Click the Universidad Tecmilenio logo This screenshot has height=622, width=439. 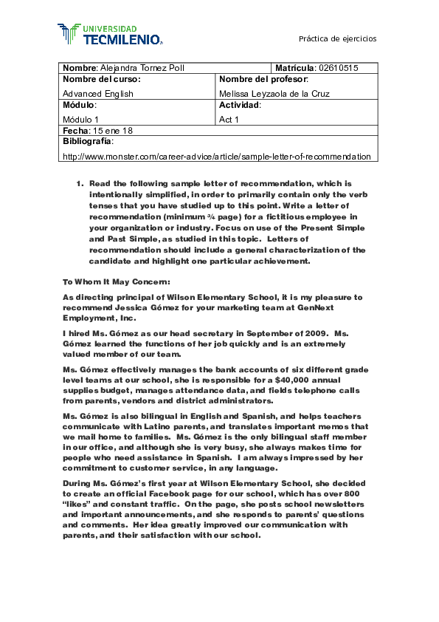110,33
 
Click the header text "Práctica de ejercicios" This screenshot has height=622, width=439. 337,38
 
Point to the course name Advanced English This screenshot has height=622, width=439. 97,94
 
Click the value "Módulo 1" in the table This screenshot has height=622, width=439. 81,119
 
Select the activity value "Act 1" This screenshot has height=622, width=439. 229,119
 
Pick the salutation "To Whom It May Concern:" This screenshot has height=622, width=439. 117,281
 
